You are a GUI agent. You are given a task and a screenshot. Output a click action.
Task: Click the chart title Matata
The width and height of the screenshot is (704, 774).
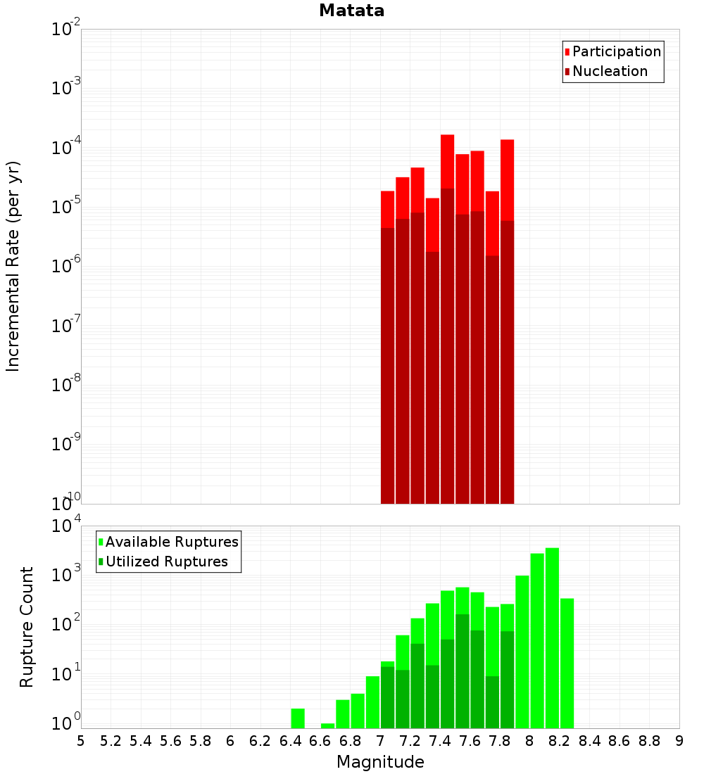(x=351, y=11)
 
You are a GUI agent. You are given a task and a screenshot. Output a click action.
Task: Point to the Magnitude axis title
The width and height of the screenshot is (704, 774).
(x=380, y=762)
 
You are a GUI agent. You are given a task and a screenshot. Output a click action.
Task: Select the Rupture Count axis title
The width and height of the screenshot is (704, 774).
(x=27, y=627)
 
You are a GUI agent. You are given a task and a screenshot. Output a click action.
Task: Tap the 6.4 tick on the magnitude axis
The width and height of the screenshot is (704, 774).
(x=290, y=741)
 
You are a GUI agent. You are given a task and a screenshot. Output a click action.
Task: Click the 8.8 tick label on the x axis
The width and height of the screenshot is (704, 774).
(x=649, y=741)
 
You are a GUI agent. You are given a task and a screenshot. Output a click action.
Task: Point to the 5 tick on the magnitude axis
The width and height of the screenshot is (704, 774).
(x=81, y=741)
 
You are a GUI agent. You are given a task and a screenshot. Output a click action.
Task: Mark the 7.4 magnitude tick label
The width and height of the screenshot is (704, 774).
(x=440, y=741)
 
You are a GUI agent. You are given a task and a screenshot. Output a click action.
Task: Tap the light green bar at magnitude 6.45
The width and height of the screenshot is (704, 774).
(x=298, y=718)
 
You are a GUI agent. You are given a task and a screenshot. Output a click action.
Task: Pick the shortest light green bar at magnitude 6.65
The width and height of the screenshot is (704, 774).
(x=327, y=725)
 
